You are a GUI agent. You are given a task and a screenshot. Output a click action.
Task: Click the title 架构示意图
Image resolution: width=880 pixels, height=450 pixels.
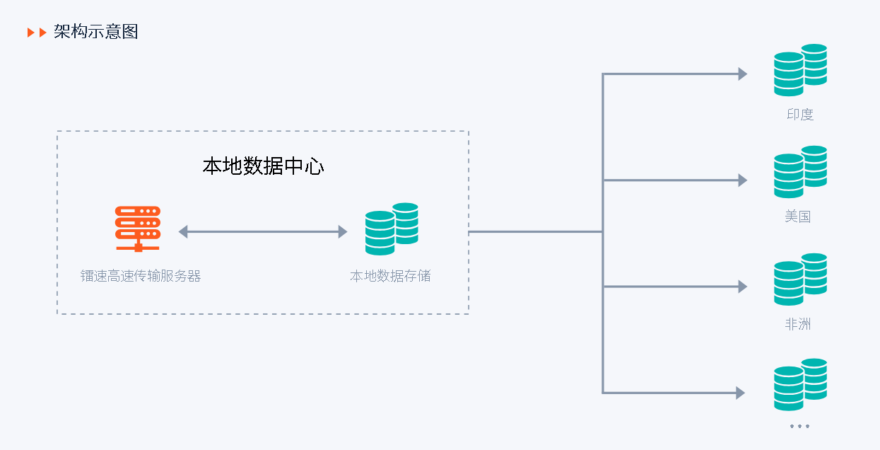pos(95,32)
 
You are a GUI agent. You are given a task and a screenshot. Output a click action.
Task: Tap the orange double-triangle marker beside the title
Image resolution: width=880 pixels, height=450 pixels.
pos(37,33)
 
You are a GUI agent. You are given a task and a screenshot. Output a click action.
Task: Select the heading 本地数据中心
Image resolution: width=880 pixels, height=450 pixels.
pos(263,166)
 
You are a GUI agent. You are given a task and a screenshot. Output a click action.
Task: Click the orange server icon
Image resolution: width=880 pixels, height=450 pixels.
pos(138,229)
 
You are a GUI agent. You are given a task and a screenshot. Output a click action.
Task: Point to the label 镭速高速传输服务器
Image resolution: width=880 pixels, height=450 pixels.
pos(141,276)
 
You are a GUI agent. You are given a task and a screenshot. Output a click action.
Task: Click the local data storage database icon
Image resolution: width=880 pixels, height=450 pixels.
pos(392,229)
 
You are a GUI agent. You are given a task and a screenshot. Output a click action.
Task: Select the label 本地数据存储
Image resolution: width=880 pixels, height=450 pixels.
pos(390,276)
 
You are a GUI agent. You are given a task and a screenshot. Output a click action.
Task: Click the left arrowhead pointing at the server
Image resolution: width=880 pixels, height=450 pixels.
pos(183,231)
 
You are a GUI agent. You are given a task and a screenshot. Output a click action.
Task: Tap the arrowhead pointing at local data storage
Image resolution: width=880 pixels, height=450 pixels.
pos(343,231)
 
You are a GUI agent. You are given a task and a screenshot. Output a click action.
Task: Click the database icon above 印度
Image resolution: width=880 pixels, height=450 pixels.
pos(800,70)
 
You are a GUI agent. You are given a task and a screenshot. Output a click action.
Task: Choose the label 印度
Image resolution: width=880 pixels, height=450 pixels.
pos(800,115)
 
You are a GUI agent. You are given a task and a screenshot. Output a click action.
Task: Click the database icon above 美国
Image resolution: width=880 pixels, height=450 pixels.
pos(800,172)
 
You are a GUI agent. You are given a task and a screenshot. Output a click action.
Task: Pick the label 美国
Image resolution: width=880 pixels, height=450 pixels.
pos(797,217)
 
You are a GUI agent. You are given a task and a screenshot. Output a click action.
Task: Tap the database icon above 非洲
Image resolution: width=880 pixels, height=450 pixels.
pos(800,279)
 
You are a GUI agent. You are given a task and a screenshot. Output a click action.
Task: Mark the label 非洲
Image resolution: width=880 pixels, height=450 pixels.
pos(797,324)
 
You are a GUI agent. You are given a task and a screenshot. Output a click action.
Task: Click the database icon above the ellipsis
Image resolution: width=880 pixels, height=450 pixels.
pos(800,384)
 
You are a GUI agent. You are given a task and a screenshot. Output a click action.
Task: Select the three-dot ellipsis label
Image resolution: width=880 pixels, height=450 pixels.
pos(799,426)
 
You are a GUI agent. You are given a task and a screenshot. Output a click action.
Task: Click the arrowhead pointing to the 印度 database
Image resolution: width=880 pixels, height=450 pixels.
pos(742,74)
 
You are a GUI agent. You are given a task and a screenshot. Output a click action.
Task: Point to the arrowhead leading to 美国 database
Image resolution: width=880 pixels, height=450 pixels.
pos(742,180)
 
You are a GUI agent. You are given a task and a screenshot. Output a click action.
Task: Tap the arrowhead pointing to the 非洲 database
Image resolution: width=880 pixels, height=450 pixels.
pos(742,287)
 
